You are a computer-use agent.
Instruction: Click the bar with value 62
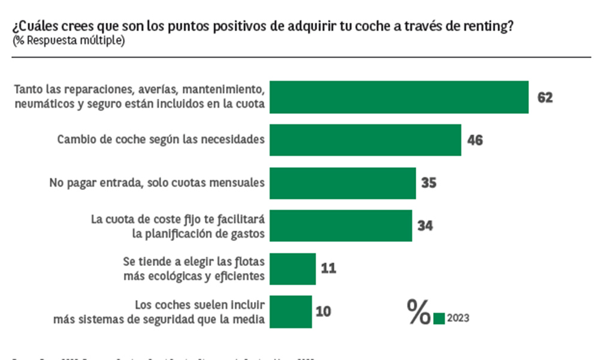(399, 97)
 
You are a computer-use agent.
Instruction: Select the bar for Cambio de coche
(365, 140)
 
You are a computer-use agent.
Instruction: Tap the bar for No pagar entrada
(343, 183)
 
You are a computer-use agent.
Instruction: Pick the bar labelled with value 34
(341, 226)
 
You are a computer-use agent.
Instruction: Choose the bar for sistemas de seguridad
(291, 311)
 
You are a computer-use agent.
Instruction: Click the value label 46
(474, 141)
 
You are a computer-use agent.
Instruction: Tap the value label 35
(428, 183)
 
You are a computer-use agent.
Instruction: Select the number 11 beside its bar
(328, 268)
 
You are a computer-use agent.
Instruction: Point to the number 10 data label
(324, 311)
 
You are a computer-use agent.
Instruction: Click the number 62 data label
(544, 97)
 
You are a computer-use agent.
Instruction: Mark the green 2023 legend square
(439, 318)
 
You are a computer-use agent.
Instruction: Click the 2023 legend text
(458, 318)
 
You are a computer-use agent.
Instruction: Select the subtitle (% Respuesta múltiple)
(68, 41)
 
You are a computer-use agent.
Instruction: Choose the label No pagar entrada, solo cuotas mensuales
(157, 183)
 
